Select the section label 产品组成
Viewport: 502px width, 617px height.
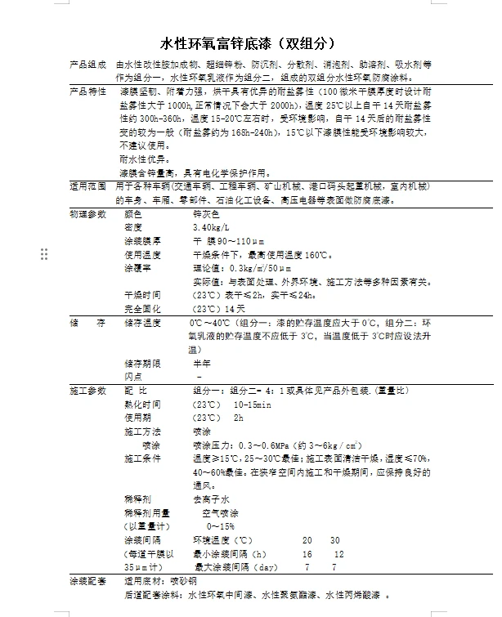coord(87,65)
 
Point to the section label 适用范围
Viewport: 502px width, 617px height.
coord(87,186)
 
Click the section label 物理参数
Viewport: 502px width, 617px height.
coord(87,213)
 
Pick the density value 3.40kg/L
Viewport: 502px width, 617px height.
coord(211,226)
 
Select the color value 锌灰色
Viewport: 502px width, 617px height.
coord(204,213)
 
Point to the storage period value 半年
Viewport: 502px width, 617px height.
coord(201,362)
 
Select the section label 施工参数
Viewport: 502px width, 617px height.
coord(87,390)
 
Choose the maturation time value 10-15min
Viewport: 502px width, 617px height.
coord(253,404)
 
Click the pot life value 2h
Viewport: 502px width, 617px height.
coord(239,417)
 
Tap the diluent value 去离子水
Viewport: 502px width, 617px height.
coord(208,499)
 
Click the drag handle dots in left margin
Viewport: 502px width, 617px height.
coord(45,254)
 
